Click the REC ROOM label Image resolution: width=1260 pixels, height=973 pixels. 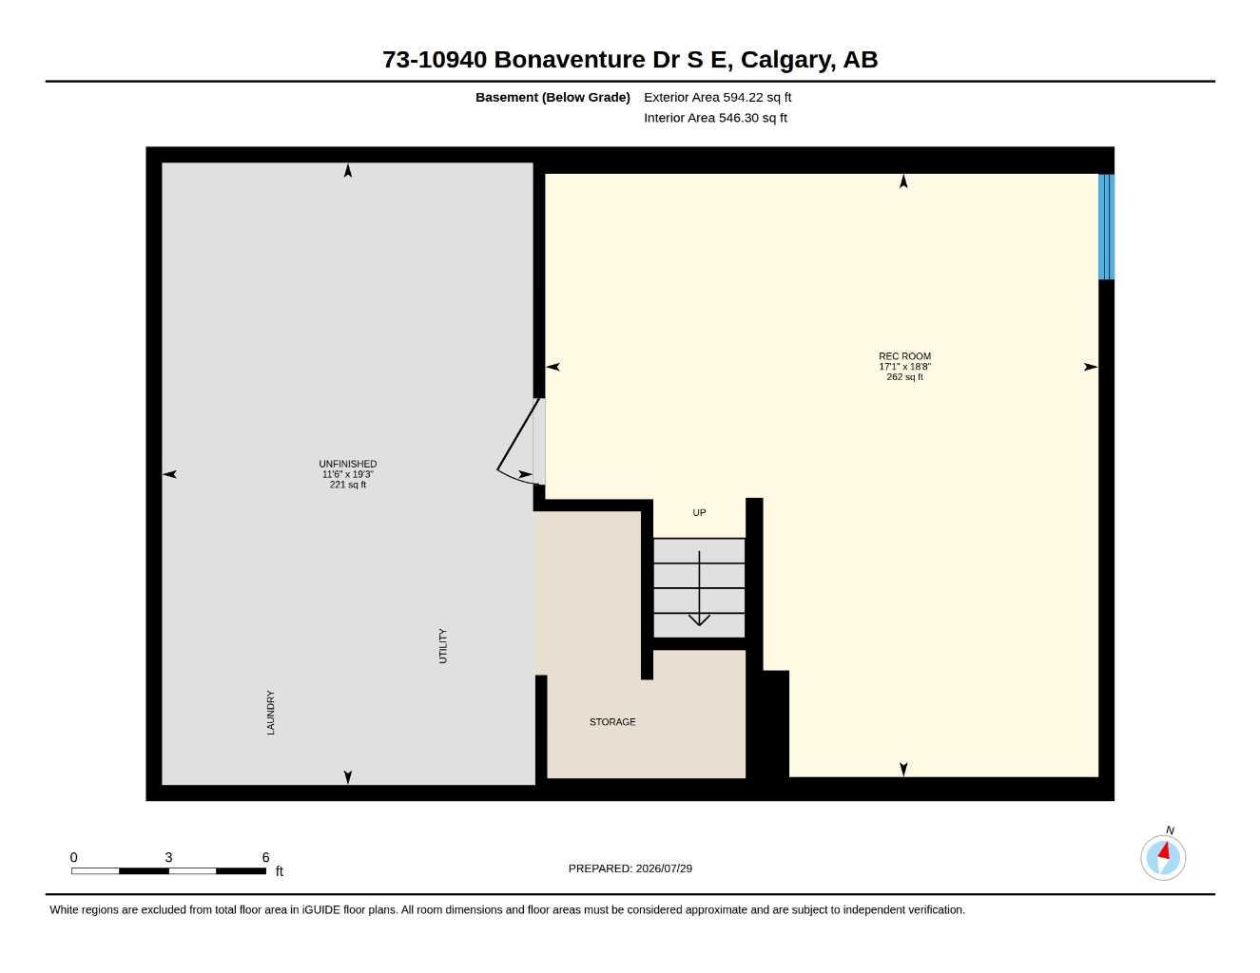[x=904, y=356]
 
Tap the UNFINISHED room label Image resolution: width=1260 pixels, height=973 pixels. [x=348, y=464]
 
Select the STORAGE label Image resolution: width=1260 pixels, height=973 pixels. [x=612, y=722]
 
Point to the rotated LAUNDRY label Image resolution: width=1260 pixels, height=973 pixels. [x=270, y=713]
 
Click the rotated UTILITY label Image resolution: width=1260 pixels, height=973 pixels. [x=443, y=646]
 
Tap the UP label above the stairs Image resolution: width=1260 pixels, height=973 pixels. [x=699, y=512]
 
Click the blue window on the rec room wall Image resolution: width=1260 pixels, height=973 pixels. [x=1106, y=226]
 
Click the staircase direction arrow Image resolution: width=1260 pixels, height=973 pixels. [x=699, y=588]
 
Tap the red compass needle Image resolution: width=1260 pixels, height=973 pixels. [x=1164, y=850]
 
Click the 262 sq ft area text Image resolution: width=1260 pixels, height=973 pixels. [x=904, y=377]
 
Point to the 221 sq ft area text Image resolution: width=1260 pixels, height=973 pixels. [x=348, y=485]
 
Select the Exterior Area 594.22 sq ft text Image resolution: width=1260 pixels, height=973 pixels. [x=717, y=97]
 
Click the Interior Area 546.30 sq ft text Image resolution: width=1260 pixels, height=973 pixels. [x=715, y=118]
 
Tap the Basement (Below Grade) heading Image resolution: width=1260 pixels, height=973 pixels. [x=552, y=97]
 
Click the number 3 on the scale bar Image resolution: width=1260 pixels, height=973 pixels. [x=168, y=857]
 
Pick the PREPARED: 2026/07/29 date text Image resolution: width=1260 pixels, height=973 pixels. [x=630, y=868]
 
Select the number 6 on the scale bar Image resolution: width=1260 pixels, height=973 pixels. [x=265, y=857]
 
